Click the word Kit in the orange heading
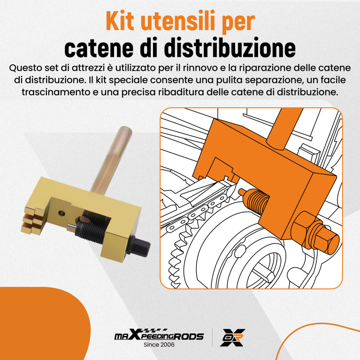(x=120, y=21)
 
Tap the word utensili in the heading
(x=176, y=21)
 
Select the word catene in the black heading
(x=99, y=49)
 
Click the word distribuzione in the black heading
(x=217, y=48)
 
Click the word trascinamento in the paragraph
(x=56, y=92)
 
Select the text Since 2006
(x=159, y=345)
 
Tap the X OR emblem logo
(x=233, y=338)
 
